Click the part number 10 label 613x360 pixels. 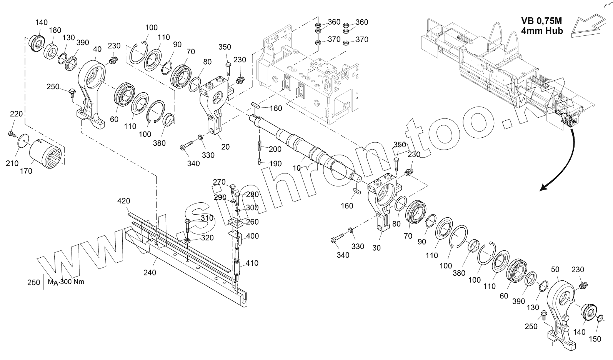pos(297,168)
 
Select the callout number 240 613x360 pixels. pos(150,272)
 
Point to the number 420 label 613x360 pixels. pos(123,201)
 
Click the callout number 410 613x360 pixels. pos(252,263)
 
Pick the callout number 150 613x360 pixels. pos(596,339)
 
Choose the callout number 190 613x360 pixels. pos(275,163)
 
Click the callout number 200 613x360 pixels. pos(275,149)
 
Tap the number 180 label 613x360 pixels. pos(55,30)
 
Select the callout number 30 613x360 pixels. pos(376,248)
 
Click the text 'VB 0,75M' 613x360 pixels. pos(542,21)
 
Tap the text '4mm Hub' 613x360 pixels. pos(542,31)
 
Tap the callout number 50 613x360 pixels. pos(555,270)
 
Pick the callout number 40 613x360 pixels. pos(98,50)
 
